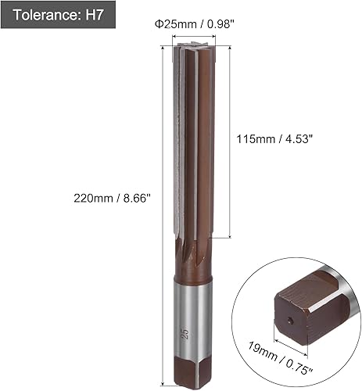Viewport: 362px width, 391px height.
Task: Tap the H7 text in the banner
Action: pos(93,14)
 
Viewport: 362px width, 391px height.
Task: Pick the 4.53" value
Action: pos(298,139)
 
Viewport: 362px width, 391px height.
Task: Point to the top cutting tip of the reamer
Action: pos(192,48)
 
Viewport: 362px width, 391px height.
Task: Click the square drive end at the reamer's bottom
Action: pos(189,371)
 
